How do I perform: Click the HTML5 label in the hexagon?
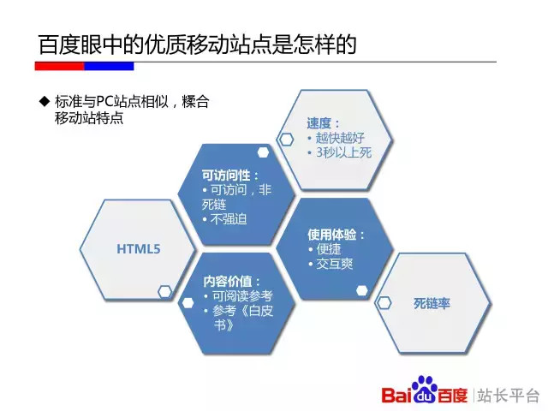coord(139,249)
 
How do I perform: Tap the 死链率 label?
coord(432,303)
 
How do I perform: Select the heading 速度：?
coord(323,123)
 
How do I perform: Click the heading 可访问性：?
coord(230,175)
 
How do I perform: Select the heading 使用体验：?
coord(336,235)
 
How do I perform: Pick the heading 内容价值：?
coord(232,282)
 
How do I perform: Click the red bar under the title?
coord(59,66)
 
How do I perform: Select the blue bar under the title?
coord(109,66)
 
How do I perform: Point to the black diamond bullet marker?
coord(45,101)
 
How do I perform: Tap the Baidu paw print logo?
coord(424,389)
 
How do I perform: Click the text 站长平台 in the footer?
coord(508,396)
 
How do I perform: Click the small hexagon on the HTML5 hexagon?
coord(164,292)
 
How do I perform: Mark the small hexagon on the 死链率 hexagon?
coord(384,302)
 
